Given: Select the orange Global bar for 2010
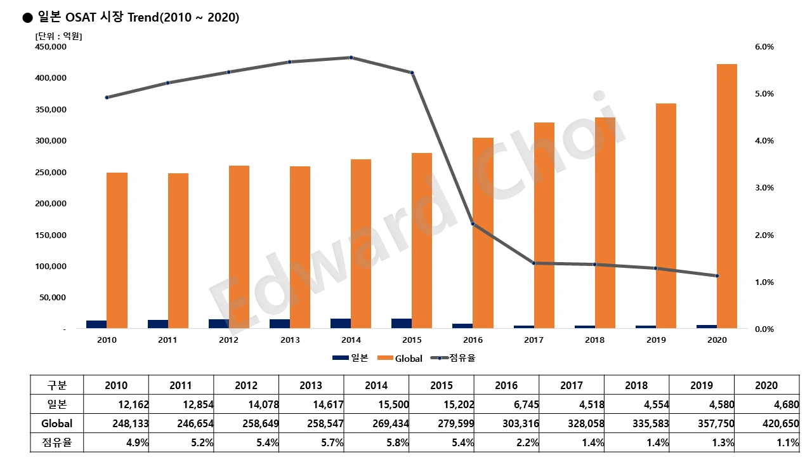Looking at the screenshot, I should [117, 250].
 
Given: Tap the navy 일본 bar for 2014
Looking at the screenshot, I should [341, 323].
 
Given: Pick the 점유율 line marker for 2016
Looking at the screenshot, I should [473, 224].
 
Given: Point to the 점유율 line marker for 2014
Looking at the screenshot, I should [351, 58].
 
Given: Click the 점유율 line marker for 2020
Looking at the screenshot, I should [717, 276].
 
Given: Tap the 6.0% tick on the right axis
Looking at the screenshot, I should [764, 47].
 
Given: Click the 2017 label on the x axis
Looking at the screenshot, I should [534, 340].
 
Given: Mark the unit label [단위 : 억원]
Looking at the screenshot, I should [58, 36].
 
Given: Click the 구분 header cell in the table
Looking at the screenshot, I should [57, 385].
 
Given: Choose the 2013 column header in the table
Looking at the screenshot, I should [311, 385].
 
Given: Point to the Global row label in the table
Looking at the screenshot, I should [57, 423].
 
